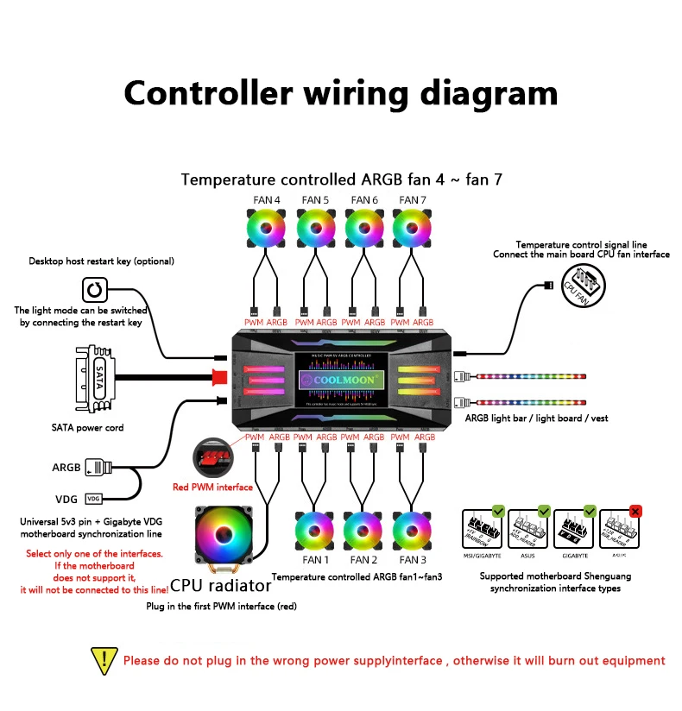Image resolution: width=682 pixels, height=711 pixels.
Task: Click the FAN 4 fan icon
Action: click(266, 230)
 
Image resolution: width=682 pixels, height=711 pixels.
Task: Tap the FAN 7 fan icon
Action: click(413, 230)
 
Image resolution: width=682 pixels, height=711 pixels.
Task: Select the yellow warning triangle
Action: click(104, 661)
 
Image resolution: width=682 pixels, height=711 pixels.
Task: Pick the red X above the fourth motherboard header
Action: click(636, 510)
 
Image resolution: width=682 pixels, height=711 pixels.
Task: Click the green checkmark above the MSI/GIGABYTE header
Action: click(497, 510)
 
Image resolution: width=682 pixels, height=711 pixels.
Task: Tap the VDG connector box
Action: click(94, 499)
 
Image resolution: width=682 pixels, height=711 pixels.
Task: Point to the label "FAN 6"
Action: click(363, 200)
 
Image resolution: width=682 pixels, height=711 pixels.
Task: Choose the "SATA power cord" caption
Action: click(87, 427)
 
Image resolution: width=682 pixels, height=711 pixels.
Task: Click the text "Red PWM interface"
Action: click(212, 487)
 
